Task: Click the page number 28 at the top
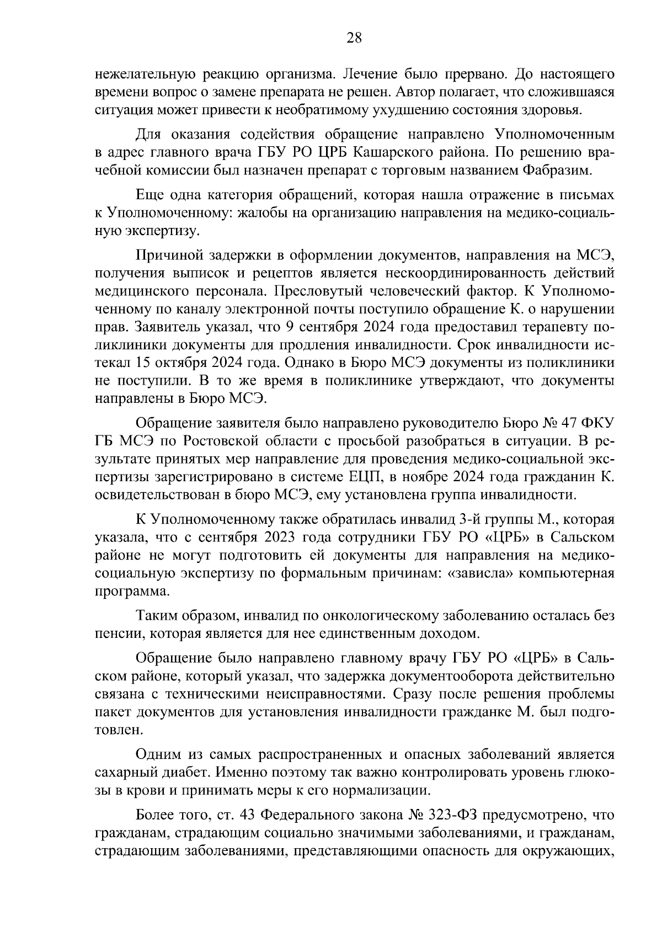[x=353, y=38]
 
